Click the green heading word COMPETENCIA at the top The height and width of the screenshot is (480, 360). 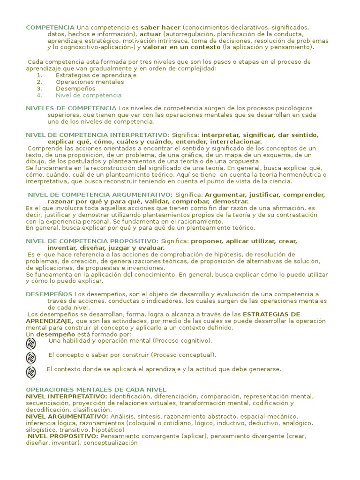50,28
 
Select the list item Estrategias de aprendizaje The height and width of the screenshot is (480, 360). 96,75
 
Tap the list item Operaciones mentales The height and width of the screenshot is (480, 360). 90,82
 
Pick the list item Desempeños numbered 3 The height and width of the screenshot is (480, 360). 75,88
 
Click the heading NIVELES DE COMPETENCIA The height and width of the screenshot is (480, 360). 71,108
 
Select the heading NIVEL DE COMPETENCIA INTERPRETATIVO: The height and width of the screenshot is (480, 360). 97,135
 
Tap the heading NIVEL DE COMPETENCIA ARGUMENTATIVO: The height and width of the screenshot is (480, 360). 100,195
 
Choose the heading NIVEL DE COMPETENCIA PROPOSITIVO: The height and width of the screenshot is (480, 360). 92,241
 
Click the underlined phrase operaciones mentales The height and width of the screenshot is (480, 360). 293,300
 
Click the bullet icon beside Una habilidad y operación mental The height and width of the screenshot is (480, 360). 31,344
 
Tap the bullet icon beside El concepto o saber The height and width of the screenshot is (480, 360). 31,358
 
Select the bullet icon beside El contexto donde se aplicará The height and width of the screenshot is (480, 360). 31,372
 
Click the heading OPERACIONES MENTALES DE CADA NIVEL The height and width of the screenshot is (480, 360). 96,390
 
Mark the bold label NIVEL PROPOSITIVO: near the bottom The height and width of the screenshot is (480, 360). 63,436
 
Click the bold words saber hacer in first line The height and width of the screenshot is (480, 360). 160,28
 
